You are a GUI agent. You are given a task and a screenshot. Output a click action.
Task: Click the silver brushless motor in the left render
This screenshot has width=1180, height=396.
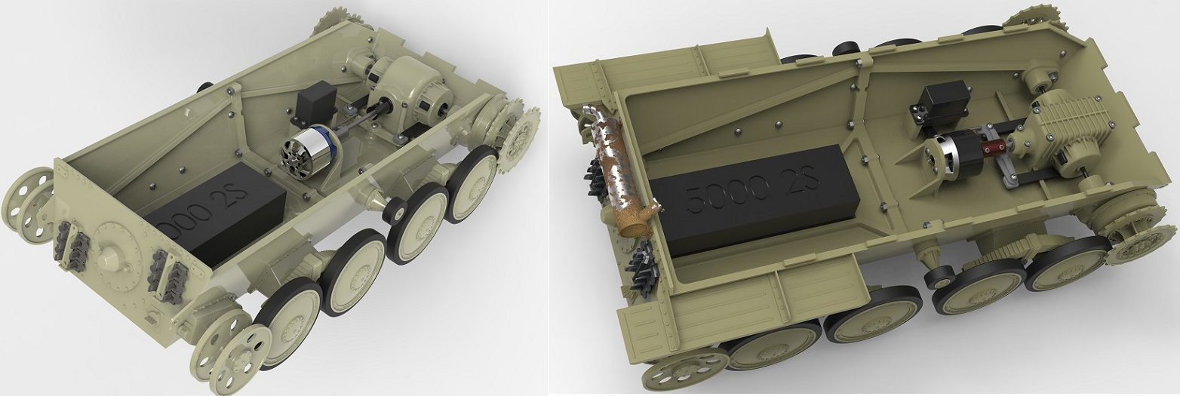(306, 150)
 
